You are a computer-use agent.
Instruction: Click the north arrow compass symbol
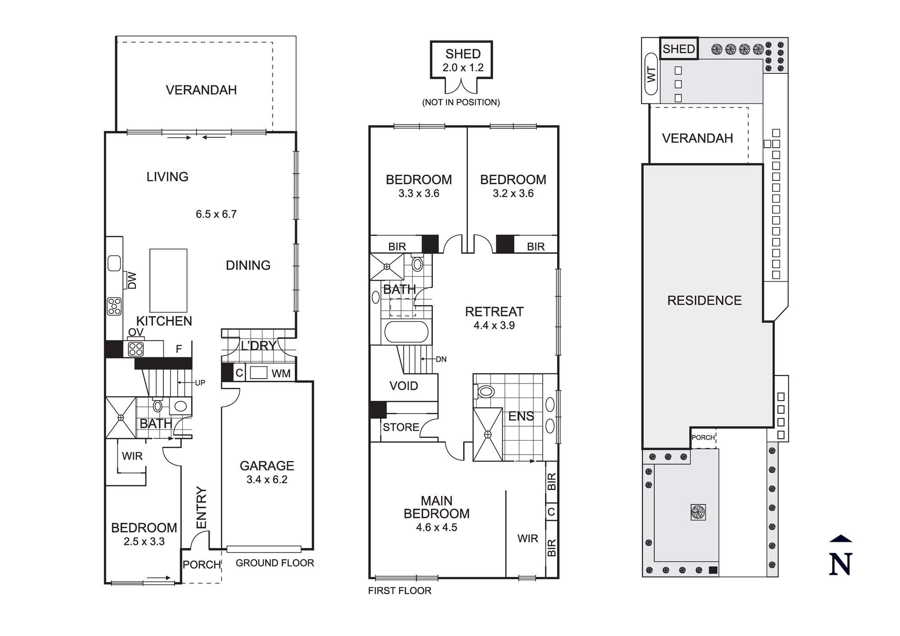tap(841, 556)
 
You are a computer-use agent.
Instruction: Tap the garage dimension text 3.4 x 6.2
tap(267, 480)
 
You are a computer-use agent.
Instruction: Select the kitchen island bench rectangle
tap(168, 280)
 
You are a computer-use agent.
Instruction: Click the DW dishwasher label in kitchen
tap(132, 280)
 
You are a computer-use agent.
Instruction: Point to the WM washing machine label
tap(281, 373)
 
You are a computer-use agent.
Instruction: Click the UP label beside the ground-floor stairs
tap(200, 383)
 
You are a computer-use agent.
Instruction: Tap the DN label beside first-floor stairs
tap(441, 359)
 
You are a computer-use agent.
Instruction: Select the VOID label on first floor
tap(404, 386)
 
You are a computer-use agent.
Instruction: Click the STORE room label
tap(400, 427)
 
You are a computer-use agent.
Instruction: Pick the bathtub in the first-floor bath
tap(406, 332)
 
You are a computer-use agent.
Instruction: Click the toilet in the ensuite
tap(485, 391)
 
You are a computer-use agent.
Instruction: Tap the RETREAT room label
tap(494, 311)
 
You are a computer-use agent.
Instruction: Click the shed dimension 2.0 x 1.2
tap(463, 68)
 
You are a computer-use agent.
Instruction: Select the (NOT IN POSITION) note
tap(461, 102)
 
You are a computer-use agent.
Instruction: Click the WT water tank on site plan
tap(651, 74)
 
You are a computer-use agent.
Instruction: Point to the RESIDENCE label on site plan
tap(704, 301)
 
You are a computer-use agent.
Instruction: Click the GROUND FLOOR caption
tap(274, 563)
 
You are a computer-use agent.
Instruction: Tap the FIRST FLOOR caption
tap(400, 591)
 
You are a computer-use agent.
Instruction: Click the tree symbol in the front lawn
tap(698, 512)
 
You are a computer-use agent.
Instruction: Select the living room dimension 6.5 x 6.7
tap(216, 214)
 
